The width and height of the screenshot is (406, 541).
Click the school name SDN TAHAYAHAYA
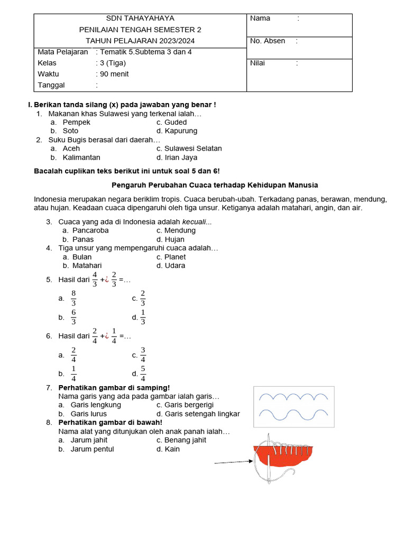(140, 18)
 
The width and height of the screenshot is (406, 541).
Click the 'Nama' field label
(260, 18)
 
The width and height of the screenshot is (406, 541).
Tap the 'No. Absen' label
(267, 41)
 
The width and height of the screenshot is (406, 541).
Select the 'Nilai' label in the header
(258, 63)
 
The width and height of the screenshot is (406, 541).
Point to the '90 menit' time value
(114, 74)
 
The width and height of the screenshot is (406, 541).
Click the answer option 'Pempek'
(77, 122)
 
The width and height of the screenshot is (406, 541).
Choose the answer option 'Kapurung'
(181, 131)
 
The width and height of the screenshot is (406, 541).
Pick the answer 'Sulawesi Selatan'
(193, 148)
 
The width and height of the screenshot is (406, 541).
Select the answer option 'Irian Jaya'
(181, 157)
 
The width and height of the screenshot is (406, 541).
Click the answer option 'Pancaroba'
(90, 230)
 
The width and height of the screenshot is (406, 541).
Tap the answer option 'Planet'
(175, 257)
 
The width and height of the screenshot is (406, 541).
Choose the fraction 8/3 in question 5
(73, 298)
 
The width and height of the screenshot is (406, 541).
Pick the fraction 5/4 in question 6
(143, 374)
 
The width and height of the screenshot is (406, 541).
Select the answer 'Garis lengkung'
(96, 405)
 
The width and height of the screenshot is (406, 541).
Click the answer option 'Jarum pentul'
(92, 449)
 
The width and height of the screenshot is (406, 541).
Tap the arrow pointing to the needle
(233, 462)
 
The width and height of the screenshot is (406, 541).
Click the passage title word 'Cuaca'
(209, 185)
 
